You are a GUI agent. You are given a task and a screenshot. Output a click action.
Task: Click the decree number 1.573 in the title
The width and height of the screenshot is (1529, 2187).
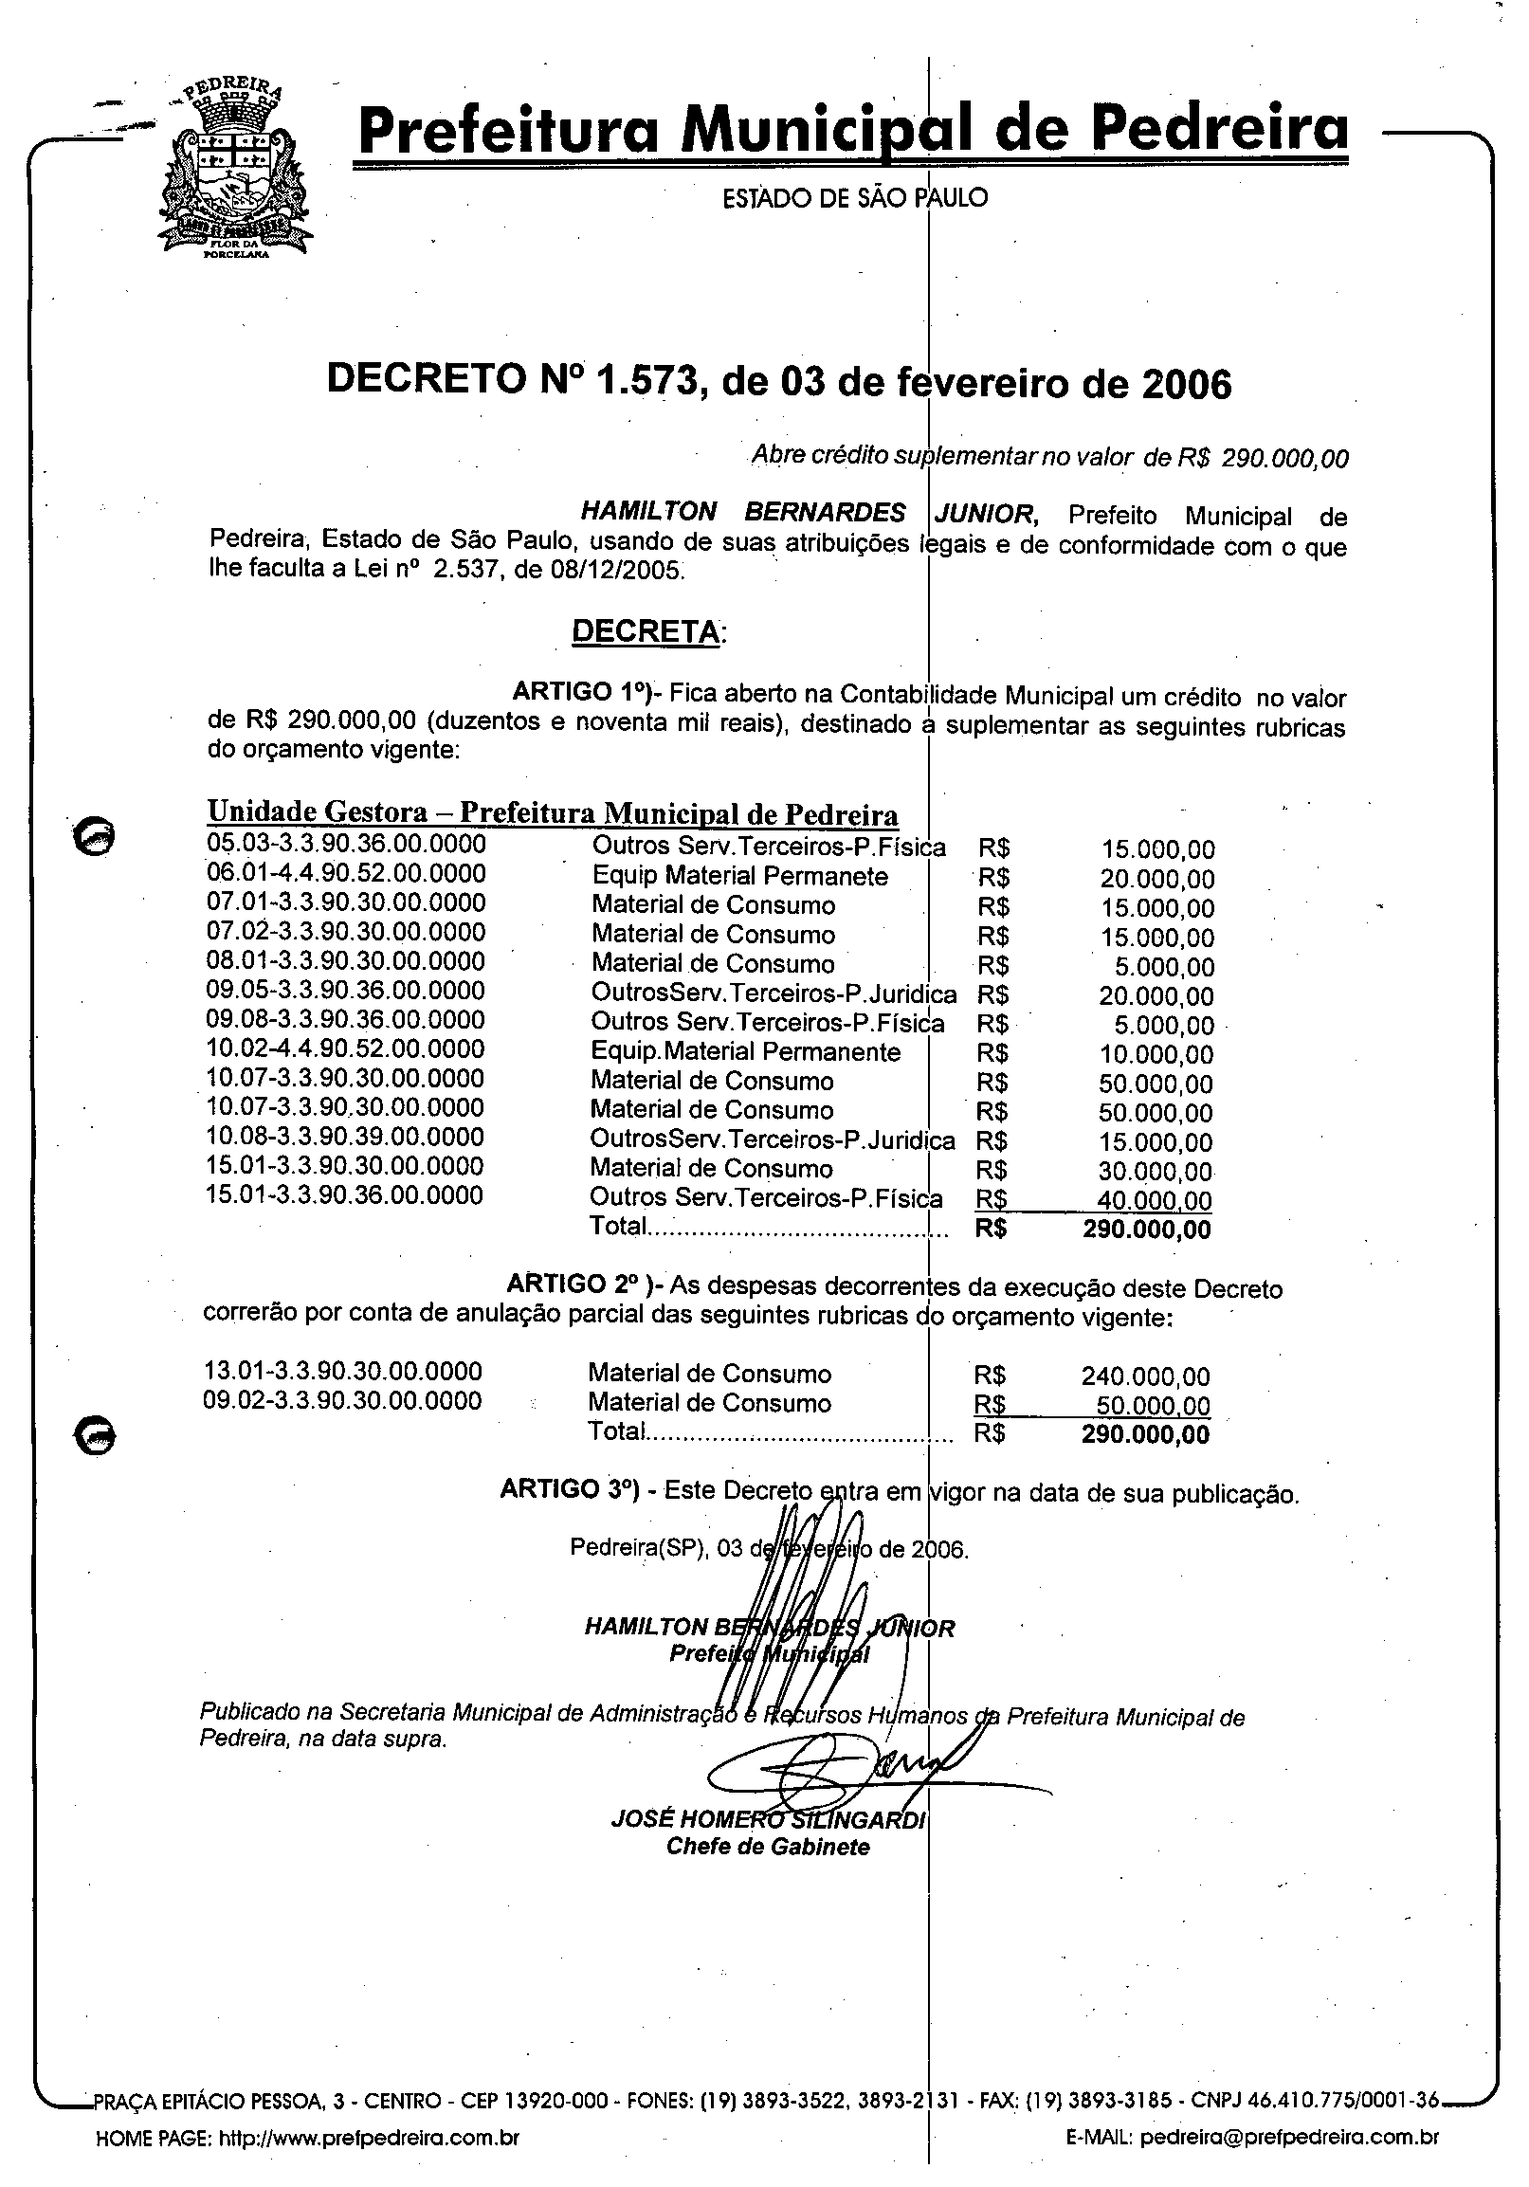647,381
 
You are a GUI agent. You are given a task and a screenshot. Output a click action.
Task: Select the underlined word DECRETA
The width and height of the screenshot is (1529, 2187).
645,631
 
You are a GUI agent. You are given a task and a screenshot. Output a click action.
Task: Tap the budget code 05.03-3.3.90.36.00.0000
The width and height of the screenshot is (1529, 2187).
346,844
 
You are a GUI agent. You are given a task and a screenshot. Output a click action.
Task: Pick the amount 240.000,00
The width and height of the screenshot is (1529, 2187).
1145,1376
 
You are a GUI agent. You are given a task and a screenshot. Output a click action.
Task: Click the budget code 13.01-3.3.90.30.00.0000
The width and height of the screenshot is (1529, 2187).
343,1372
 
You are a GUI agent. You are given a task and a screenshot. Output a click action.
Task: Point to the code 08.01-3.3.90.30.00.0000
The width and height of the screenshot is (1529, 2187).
346,961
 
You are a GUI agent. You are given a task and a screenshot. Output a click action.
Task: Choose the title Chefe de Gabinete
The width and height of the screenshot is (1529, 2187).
768,1848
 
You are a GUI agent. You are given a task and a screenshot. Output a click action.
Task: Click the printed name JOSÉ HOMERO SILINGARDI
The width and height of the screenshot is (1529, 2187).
768,1820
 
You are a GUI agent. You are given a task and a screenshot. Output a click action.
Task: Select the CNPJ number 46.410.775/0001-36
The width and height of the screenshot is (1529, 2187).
1353,2102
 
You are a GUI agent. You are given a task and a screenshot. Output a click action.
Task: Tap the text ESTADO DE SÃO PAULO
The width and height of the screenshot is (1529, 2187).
854,198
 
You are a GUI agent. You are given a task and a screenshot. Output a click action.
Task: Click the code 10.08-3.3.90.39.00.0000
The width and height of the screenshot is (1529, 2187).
345,1137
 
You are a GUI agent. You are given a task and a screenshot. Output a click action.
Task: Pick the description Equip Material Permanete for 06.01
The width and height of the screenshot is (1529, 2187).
739,875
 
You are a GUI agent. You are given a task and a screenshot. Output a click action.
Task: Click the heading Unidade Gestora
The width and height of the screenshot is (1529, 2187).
318,811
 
